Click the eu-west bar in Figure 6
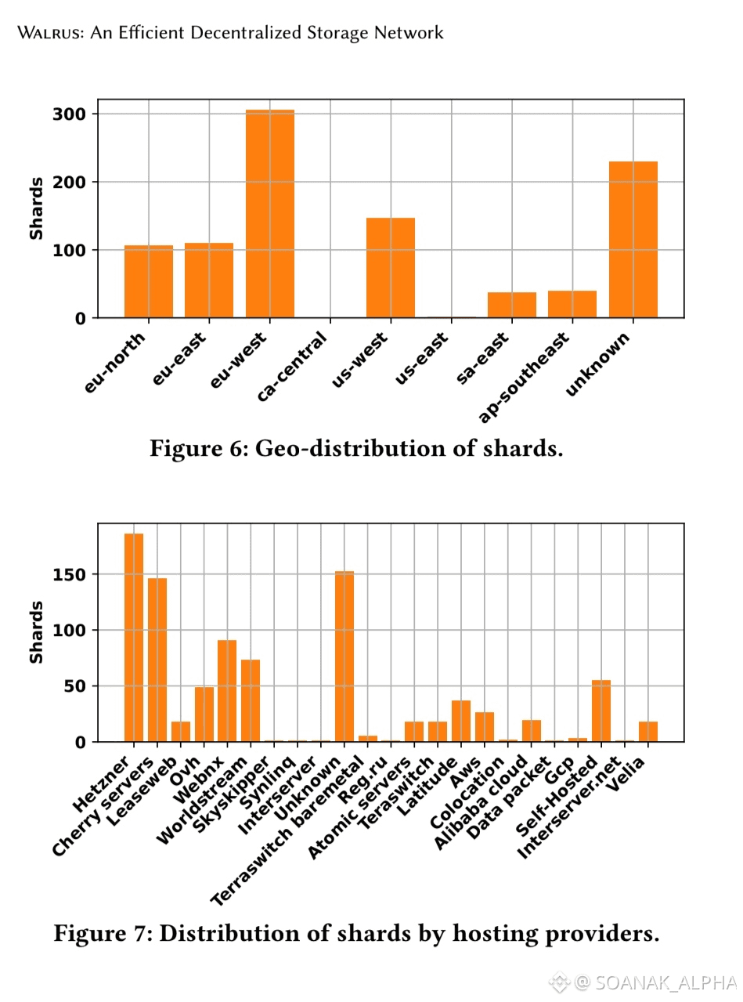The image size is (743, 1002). coord(270,214)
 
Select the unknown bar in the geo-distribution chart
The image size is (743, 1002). coord(633,239)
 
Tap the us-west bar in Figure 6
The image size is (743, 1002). coord(391,267)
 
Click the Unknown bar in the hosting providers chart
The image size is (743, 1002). coord(344,657)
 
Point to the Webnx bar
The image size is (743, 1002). coord(227,690)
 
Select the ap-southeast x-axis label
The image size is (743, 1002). coord(524,376)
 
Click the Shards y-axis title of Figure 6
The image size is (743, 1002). coord(36,208)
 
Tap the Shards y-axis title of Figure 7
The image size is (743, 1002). coord(36,632)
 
